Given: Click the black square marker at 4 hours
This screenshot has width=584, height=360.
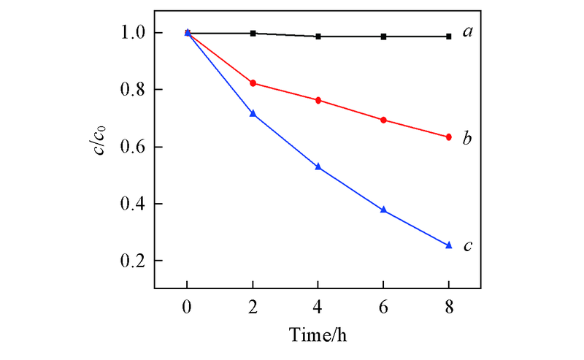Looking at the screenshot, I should tap(318, 36).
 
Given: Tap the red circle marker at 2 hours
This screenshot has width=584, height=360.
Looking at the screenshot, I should tap(253, 83).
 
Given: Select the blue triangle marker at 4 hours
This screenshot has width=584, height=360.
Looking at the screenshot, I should tap(318, 167).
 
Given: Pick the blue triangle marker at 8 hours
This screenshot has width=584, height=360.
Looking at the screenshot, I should tap(449, 245).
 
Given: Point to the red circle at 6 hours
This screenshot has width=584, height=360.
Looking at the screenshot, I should tap(384, 120).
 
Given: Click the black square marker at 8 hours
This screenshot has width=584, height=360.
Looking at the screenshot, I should tap(449, 36).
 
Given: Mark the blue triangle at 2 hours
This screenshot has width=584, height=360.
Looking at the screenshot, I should tap(253, 114).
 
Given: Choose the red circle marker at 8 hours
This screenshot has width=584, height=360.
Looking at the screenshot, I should tap(449, 137).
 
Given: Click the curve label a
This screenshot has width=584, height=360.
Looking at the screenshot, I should tap(467, 34).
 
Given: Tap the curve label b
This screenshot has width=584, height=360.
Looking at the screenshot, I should tap(467, 137).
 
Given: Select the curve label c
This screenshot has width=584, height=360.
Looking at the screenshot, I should tap(467, 246).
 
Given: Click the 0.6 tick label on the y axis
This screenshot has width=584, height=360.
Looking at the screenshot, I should tap(136, 147).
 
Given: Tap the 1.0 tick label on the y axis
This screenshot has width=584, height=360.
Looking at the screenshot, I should tap(136, 33).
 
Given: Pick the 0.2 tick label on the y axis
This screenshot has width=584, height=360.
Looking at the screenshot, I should tap(136, 261).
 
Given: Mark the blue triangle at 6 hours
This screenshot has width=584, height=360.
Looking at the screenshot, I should tap(384, 210).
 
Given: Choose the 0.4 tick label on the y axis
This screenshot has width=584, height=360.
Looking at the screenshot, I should tap(136, 204).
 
